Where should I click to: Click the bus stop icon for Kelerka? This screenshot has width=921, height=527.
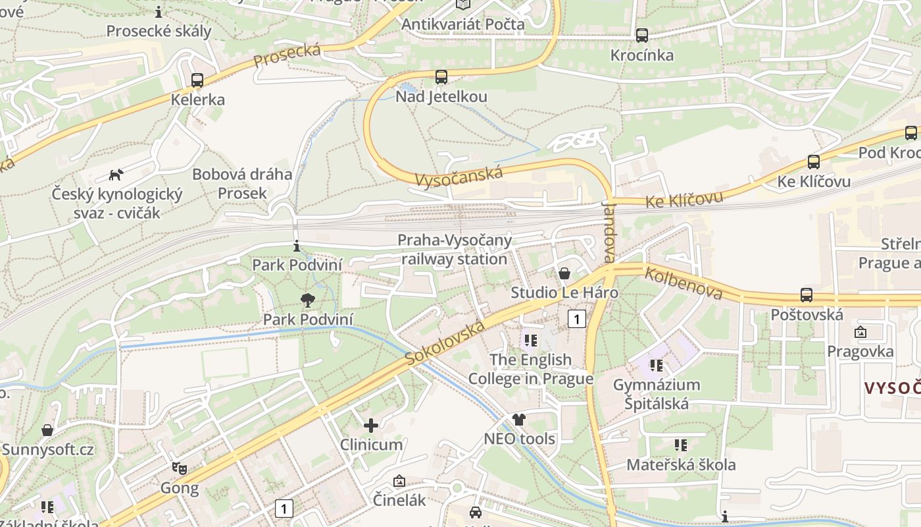pyautogui.click(x=197, y=80)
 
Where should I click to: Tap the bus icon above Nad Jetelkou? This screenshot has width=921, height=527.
pyautogui.click(x=441, y=77)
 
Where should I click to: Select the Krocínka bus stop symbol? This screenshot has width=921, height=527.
pyautogui.click(x=642, y=36)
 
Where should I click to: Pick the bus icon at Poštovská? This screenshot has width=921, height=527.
pyautogui.click(x=807, y=294)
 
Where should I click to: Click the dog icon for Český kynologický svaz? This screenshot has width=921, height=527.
pyautogui.click(x=116, y=175)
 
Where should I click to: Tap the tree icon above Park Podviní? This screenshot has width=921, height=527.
pyautogui.click(x=307, y=301)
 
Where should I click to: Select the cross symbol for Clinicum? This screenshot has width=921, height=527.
pyautogui.click(x=371, y=426)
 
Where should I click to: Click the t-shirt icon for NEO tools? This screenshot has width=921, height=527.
pyautogui.click(x=519, y=420)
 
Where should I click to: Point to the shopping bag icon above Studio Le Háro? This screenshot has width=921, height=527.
pyautogui.click(x=564, y=273)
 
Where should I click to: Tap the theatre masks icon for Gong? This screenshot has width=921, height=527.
pyautogui.click(x=180, y=468)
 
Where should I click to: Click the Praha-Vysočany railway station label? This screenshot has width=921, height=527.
pyautogui.click(x=455, y=250)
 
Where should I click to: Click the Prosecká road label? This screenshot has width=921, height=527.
pyautogui.click(x=287, y=55)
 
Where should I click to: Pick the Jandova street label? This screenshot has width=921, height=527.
pyautogui.click(x=609, y=231)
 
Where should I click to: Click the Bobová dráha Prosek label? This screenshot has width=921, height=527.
pyautogui.click(x=242, y=184)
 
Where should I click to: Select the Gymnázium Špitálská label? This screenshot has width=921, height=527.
pyautogui.click(x=657, y=393)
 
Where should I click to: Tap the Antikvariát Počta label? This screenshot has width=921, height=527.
pyautogui.click(x=463, y=24)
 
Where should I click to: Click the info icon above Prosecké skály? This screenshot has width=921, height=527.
pyautogui.click(x=159, y=12)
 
